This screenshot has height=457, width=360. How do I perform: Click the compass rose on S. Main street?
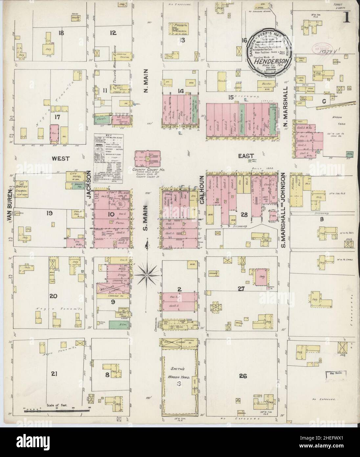coord(147,273)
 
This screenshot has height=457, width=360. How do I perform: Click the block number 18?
coord(61,33)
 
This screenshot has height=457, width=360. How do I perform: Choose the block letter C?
coord(324,102)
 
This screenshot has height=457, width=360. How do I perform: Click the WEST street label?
coord(61,158)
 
